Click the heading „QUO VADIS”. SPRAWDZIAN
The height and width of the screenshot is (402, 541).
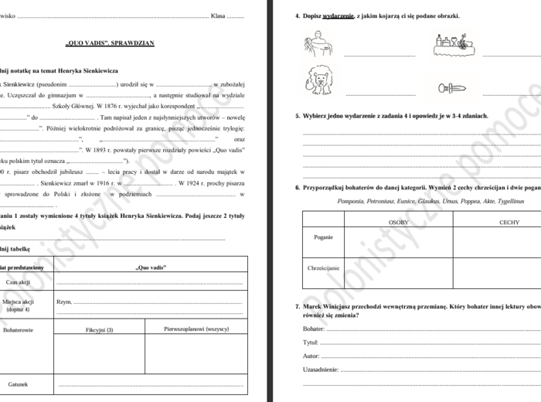pyautogui.click(x=111, y=43)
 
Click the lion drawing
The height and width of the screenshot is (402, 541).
pyautogui.click(x=319, y=80)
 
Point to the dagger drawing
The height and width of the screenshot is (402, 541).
pyautogui.click(x=451, y=87)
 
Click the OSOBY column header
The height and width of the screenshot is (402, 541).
pyautogui.click(x=397, y=222)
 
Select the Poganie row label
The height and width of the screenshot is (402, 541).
pyautogui.click(x=324, y=237)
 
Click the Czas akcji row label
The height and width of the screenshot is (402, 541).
pyautogui.click(x=18, y=283)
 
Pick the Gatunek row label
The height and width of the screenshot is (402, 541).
pyautogui.click(x=18, y=383)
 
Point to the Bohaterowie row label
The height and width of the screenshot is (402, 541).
pyautogui.click(x=18, y=329)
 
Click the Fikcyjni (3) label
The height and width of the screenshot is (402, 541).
pyautogui.click(x=99, y=329)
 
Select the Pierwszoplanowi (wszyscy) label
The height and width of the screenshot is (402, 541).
pyautogui.click(x=196, y=329)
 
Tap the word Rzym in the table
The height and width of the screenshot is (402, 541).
pyautogui.click(x=64, y=301)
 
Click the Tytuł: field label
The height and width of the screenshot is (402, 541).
pyautogui.click(x=311, y=342)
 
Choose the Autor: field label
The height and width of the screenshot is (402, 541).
pyautogui.click(x=311, y=356)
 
